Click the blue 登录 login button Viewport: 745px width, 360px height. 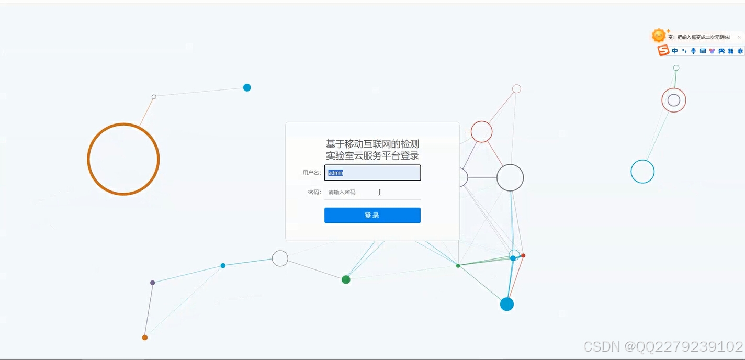372,215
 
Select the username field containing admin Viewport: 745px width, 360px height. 372,173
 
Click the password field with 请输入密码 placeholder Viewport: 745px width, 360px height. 372,192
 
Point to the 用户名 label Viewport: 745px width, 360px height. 311,173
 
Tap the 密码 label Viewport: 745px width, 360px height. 314,192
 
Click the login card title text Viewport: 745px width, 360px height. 372,150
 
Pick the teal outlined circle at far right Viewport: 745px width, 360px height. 642,172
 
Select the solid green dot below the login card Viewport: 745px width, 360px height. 346,279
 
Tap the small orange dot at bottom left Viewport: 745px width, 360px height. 145,337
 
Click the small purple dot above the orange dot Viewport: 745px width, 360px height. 153,283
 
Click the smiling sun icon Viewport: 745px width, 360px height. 659,36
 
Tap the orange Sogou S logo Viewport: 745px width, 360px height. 663,51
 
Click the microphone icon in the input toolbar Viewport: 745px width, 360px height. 693,51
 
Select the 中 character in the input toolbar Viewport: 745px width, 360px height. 675,51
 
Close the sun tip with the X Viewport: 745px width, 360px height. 739,37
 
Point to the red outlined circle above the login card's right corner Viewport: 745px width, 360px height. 481,132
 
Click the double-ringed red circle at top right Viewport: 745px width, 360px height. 674,100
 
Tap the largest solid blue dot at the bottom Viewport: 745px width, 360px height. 507,304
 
